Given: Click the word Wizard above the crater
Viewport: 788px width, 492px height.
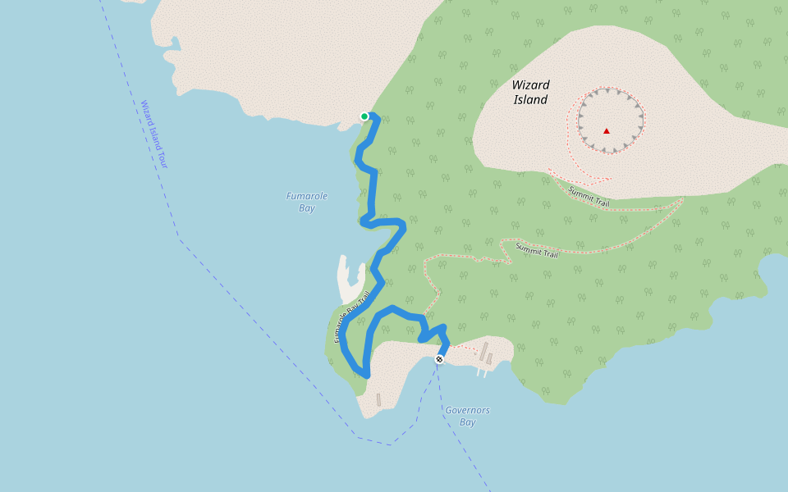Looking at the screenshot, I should pos(530,84).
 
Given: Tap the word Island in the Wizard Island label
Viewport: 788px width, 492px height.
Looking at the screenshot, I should pos(530,100).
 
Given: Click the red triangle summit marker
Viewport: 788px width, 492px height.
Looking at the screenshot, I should pos(607,130).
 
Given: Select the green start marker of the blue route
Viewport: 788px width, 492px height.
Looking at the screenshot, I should pos(364,116).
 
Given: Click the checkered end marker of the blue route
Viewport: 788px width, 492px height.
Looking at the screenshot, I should pos(439,359).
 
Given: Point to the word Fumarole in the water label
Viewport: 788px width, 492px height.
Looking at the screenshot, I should pos(307,196).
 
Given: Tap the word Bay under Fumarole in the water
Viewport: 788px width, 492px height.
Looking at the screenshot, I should pos(307,208).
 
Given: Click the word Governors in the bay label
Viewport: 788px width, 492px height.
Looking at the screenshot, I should pos(467,410).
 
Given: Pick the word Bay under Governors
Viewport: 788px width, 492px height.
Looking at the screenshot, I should pos(467,422).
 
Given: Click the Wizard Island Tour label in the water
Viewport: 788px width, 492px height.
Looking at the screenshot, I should pos(153,134).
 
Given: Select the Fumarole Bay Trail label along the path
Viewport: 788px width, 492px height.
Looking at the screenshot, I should pos(352,317).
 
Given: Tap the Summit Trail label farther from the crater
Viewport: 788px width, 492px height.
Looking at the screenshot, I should pos(537,249).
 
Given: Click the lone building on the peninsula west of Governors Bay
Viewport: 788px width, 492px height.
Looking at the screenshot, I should pos(378,399).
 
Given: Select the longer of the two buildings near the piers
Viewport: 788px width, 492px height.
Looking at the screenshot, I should pos(483,351).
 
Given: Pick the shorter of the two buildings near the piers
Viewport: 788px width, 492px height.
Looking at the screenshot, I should pos(489,359).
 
